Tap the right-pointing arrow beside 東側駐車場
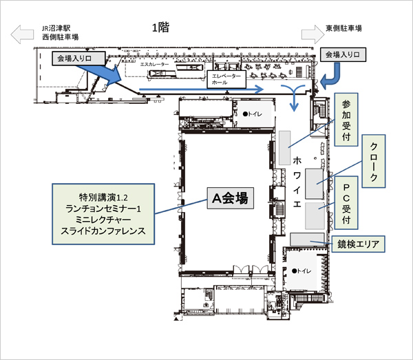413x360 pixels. pyautogui.click(x=310, y=34)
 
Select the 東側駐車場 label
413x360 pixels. pyautogui.click(x=343, y=29)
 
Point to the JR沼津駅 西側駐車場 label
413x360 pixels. pyautogui.click(x=60, y=32)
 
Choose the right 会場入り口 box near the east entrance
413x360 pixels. pyautogui.click(x=342, y=53)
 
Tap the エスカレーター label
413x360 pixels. pyautogui.click(x=154, y=63)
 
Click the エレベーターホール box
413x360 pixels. pyautogui.click(x=225, y=78)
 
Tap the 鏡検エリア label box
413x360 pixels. pyautogui.click(x=356, y=243)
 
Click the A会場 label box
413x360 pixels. pyautogui.click(x=228, y=198)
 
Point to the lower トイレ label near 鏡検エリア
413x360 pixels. pyautogui.click(x=302, y=271)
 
